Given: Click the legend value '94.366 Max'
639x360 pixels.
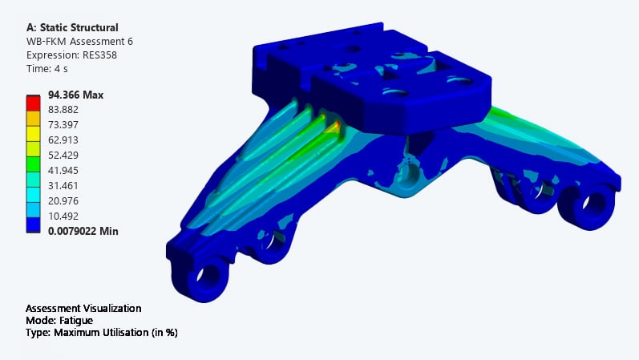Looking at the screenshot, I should [x=75, y=95].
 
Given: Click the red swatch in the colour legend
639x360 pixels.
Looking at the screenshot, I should [x=34, y=103].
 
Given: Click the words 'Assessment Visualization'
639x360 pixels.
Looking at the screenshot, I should [x=83, y=308].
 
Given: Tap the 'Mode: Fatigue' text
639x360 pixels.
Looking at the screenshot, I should [x=59, y=320].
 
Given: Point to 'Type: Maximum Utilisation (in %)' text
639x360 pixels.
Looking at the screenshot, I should [x=101, y=332].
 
